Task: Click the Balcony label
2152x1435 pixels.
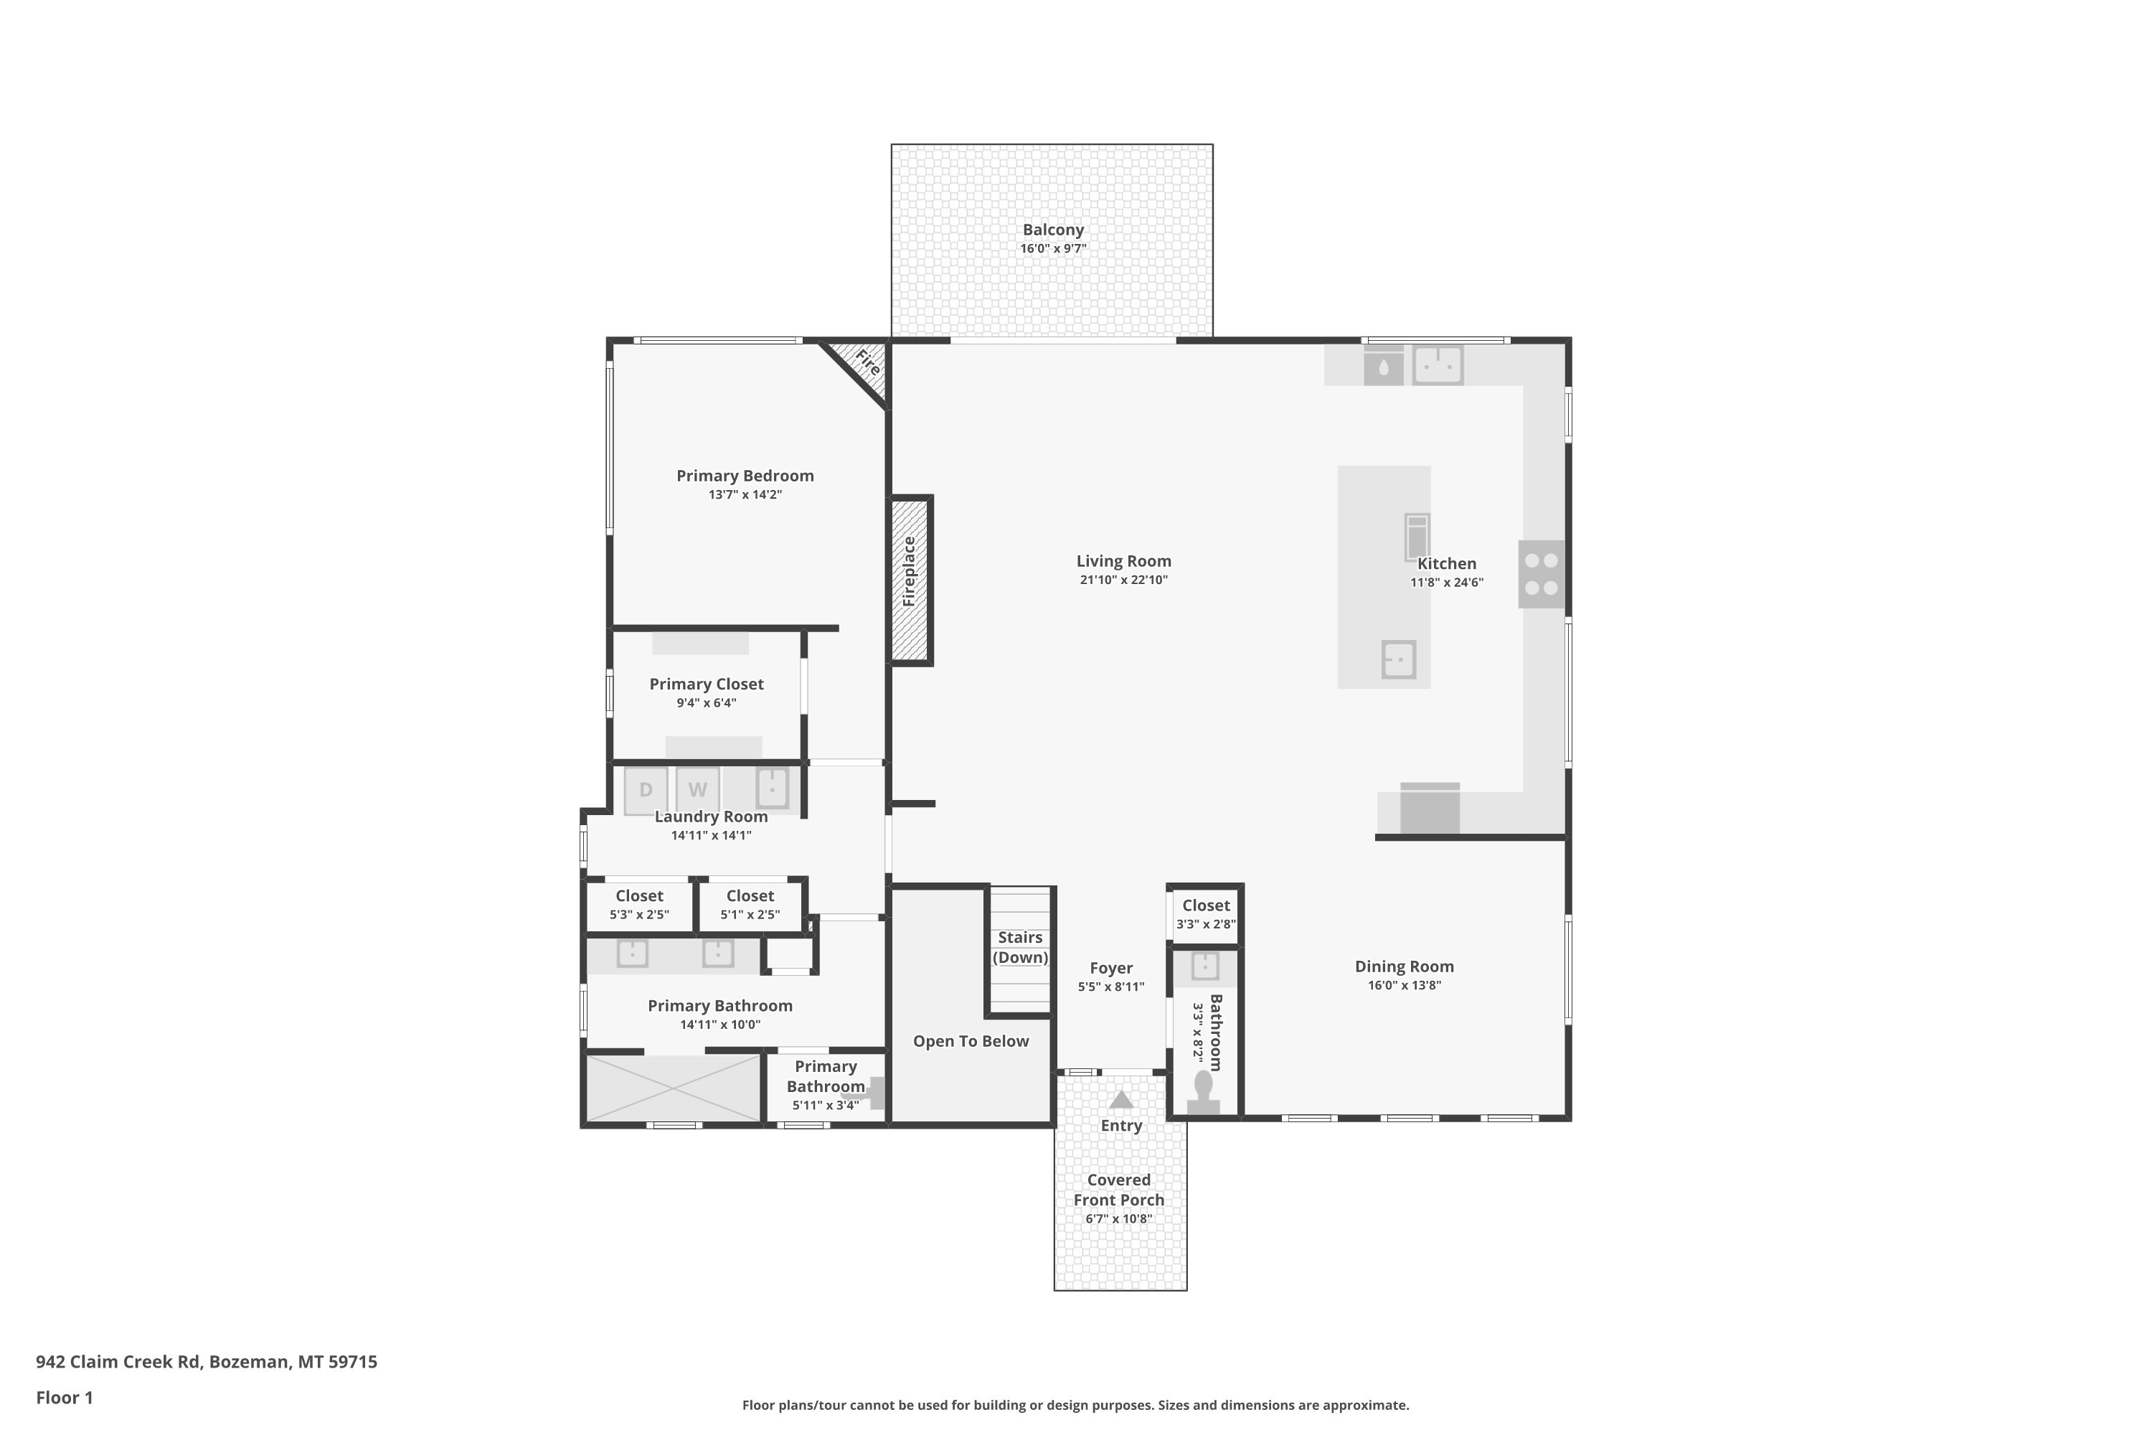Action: click(1053, 230)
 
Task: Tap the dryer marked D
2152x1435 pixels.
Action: click(646, 790)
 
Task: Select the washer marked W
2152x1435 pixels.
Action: click(697, 790)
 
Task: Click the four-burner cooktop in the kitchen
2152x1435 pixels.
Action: click(1542, 574)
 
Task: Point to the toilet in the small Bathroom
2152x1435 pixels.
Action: click(1203, 1093)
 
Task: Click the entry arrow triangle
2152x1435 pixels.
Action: click(1120, 1099)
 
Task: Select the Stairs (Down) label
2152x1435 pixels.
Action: click(1020, 947)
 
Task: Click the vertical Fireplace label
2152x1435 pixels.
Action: click(910, 572)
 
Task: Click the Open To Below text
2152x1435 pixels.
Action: click(971, 1042)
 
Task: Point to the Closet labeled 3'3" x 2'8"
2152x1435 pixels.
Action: click(1206, 914)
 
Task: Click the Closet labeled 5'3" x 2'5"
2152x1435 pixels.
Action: click(640, 904)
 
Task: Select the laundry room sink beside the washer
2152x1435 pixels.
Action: click(771, 788)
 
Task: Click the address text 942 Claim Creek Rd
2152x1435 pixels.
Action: click(118, 1362)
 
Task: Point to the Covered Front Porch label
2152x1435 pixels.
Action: click(1119, 1190)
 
